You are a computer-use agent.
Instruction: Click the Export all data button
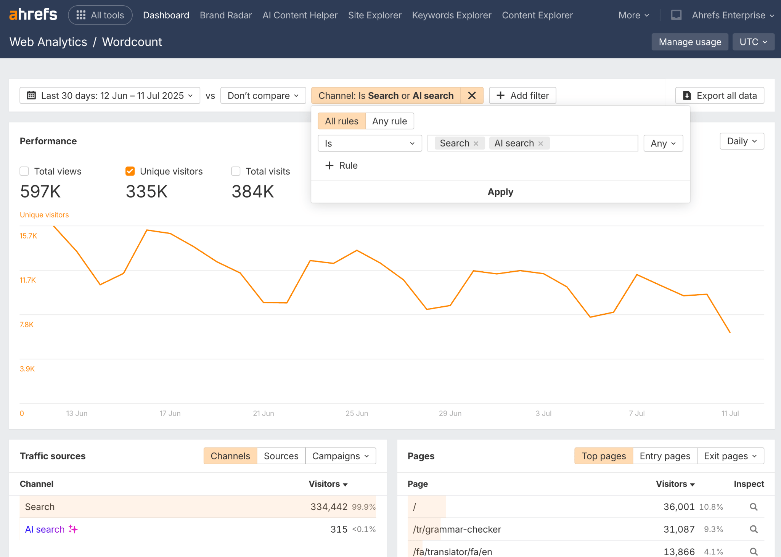coord(720,95)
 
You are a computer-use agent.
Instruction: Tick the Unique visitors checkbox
coord(130,171)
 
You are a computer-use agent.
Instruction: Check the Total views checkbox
coord(24,171)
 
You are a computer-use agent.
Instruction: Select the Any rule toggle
coord(389,121)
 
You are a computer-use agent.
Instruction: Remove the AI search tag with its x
coord(540,143)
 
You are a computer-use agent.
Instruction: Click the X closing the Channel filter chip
coord(472,95)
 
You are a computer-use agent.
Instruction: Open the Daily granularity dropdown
coord(742,141)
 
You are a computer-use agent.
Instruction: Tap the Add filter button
coord(522,95)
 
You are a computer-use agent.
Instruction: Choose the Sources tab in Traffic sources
coord(281,456)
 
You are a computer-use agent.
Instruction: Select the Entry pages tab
coord(665,456)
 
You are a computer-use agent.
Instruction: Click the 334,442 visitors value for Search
coord(329,507)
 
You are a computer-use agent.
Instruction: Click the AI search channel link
coord(45,529)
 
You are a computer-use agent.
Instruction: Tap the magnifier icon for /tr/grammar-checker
coord(754,529)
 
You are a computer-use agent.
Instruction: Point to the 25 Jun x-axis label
coord(357,413)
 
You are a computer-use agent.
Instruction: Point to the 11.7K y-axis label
coord(28,280)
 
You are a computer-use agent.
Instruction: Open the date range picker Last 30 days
coord(110,95)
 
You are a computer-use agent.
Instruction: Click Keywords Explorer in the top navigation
coord(452,15)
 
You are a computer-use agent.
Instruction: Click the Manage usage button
coord(689,42)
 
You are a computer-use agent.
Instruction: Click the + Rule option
coord(341,166)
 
